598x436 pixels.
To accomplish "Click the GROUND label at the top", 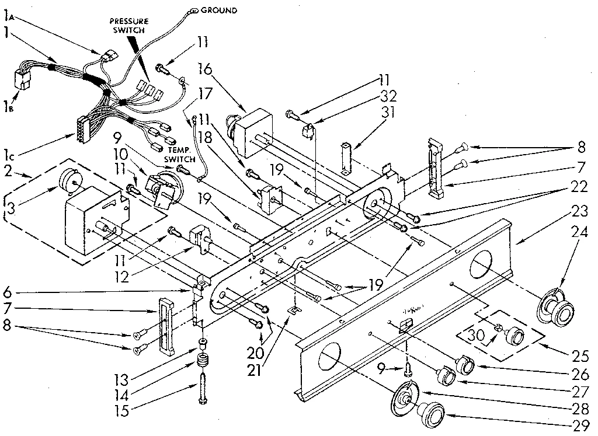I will click(x=220, y=10).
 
